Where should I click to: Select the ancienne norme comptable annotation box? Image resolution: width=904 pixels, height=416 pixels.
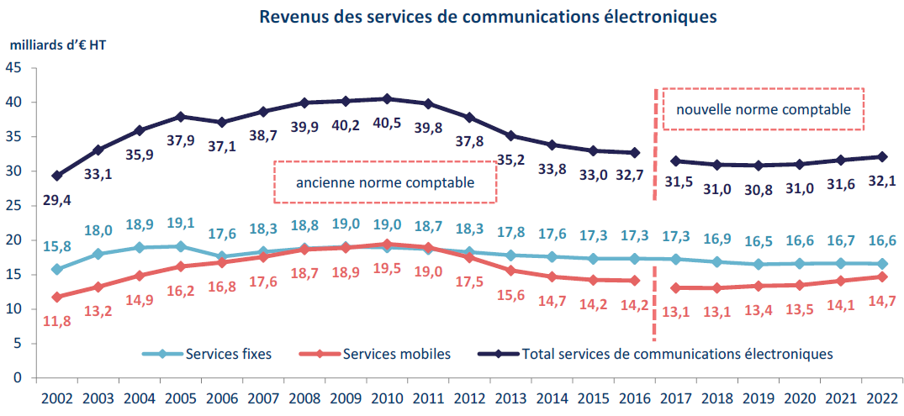point(385,182)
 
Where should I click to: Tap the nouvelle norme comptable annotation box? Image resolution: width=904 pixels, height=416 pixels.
point(763,109)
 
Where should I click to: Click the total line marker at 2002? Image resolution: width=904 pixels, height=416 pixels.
point(56,176)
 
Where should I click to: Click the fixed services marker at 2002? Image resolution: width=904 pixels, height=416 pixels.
point(56,270)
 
